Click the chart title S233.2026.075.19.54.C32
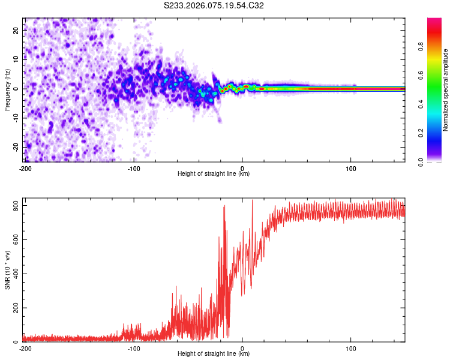pyautogui.click(x=214, y=6)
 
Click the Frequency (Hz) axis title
pyautogui.click(x=7, y=89)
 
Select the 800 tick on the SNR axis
pyautogui.click(x=16, y=206)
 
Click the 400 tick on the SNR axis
pyautogui.click(x=16, y=274)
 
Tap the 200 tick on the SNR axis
pyautogui.click(x=16, y=308)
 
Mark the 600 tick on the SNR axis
pyautogui.click(x=16, y=240)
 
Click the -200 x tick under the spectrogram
pyautogui.click(x=25, y=168)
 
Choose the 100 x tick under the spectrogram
pyautogui.click(x=351, y=168)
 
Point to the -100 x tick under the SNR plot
pyautogui.click(x=134, y=348)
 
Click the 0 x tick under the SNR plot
pyautogui.click(x=242, y=348)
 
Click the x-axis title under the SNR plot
pyautogui.click(x=214, y=354)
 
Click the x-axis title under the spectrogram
pyautogui.click(x=214, y=174)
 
